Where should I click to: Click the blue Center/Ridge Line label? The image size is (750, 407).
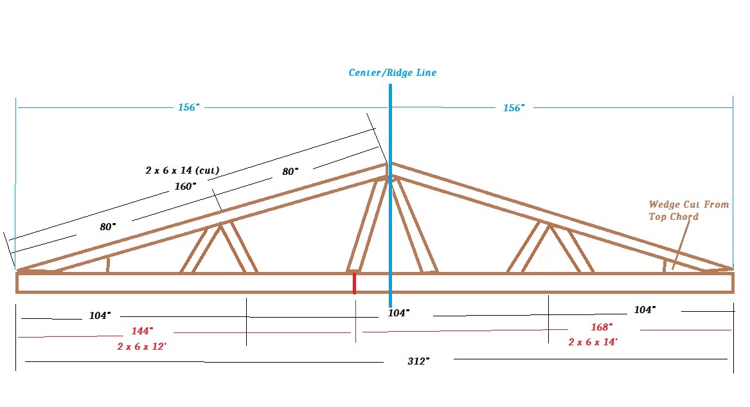click(x=392, y=73)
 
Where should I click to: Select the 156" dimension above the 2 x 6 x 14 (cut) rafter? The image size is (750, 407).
click(x=188, y=107)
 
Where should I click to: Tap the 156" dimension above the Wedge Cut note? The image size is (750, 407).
click(x=513, y=107)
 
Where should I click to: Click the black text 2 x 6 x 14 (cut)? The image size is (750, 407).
click(x=183, y=170)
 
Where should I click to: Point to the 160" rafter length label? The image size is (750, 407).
click(x=185, y=186)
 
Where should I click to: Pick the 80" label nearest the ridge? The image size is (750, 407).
click(x=290, y=171)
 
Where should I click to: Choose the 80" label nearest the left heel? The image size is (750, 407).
click(x=107, y=227)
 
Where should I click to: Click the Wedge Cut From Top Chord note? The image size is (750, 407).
click(x=689, y=210)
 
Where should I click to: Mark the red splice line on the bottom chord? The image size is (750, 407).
click(x=354, y=283)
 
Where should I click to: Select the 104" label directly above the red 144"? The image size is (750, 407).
click(x=100, y=315)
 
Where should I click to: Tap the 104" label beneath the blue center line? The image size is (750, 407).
click(x=398, y=312)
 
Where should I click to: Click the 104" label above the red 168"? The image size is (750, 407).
click(x=645, y=310)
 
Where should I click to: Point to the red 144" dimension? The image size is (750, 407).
click(x=142, y=331)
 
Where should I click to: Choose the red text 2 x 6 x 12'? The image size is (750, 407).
click(x=141, y=347)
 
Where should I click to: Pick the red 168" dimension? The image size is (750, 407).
click(x=602, y=327)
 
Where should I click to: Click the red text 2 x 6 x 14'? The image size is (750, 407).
click(x=593, y=342)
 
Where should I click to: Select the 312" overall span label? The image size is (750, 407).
click(x=418, y=361)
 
